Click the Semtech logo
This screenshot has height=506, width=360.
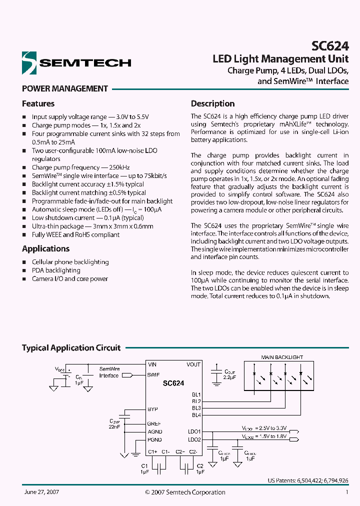(x=76, y=62)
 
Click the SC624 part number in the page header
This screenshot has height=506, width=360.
(x=330, y=46)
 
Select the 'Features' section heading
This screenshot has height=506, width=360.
(x=38, y=103)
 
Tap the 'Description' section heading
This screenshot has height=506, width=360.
(x=212, y=103)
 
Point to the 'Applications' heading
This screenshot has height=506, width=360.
(x=45, y=248)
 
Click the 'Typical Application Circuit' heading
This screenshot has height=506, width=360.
(x=71, y=347)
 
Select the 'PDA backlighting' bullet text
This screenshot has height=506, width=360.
(x=56, y=270)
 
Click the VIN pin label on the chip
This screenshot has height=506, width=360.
(x=152, y=365)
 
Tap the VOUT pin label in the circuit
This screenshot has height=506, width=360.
(x=193, y=365)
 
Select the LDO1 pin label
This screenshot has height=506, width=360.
(x=194, y=431)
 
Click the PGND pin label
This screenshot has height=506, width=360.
(x=154, y=440)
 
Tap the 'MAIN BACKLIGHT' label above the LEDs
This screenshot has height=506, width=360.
(x=282, y=357)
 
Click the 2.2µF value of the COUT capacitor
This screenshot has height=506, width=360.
(x=230, y=377)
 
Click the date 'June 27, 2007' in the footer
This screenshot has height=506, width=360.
(x=41, y=492)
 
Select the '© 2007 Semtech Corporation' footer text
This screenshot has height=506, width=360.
(x=185, y=492)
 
